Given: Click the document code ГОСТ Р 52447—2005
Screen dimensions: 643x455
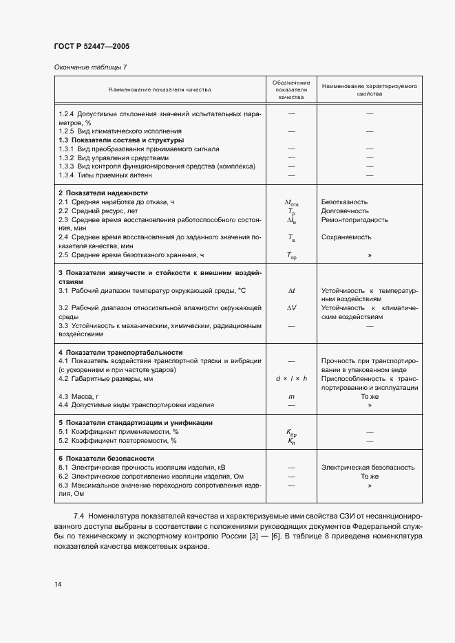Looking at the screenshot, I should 92,46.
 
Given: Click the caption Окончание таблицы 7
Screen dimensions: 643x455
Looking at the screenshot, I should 90,67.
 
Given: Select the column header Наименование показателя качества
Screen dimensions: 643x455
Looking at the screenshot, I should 160,89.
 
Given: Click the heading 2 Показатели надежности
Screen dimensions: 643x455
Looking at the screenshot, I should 103,193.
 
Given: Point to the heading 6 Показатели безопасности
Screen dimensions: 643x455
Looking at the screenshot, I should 106,458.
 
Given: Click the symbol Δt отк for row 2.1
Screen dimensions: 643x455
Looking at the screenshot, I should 291,203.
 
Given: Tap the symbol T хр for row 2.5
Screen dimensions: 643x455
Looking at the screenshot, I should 291,256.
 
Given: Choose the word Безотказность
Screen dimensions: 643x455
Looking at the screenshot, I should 344,202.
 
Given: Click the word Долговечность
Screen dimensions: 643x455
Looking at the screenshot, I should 344,211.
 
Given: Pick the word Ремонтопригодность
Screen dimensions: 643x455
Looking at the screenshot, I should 355,220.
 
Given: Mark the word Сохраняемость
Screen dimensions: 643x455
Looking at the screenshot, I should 346,237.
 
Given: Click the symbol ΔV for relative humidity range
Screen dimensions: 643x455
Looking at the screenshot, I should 291,308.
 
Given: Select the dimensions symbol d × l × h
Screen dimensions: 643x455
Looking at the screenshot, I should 291,379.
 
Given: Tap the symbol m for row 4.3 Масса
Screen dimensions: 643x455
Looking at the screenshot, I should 291,397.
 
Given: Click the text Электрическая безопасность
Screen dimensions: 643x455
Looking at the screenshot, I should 368,468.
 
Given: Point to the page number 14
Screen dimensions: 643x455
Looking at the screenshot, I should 58,584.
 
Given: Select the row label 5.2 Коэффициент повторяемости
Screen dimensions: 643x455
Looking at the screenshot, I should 118,441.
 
